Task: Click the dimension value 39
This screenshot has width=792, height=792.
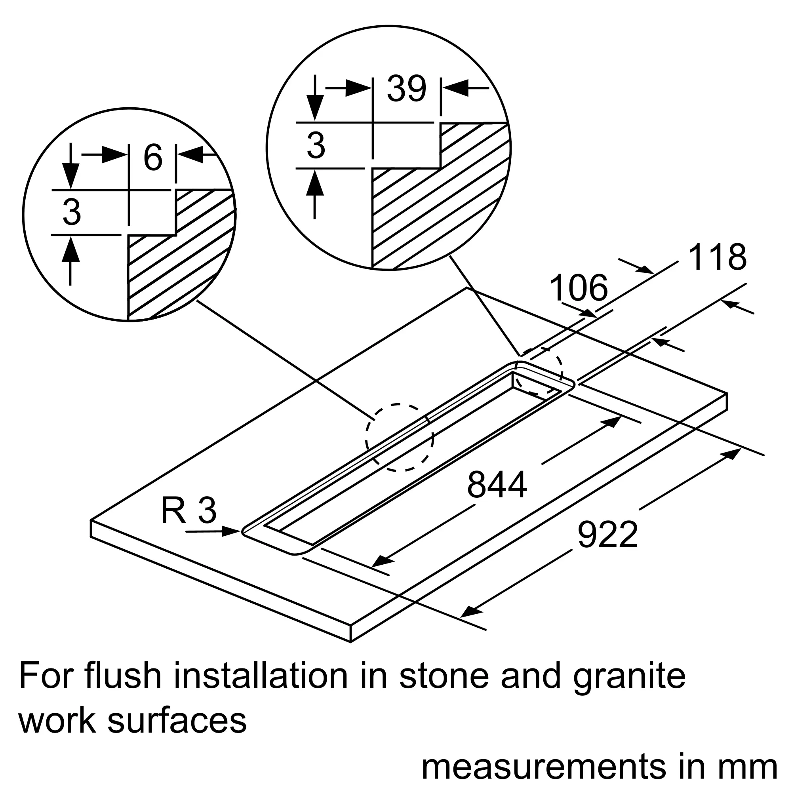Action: [406, 89]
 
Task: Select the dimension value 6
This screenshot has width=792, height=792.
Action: [153, 158]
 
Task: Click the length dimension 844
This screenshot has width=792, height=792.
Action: [497, 485]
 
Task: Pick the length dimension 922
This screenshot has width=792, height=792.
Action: [607, 535]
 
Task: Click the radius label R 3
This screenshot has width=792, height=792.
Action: [188, 510]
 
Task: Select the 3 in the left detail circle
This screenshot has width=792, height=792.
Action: [72, 212]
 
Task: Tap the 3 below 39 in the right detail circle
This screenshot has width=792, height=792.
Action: [316, 145]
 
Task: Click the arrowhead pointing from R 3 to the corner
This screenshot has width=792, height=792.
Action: [231, 532]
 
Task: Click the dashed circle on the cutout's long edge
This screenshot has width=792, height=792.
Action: [400, 438]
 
